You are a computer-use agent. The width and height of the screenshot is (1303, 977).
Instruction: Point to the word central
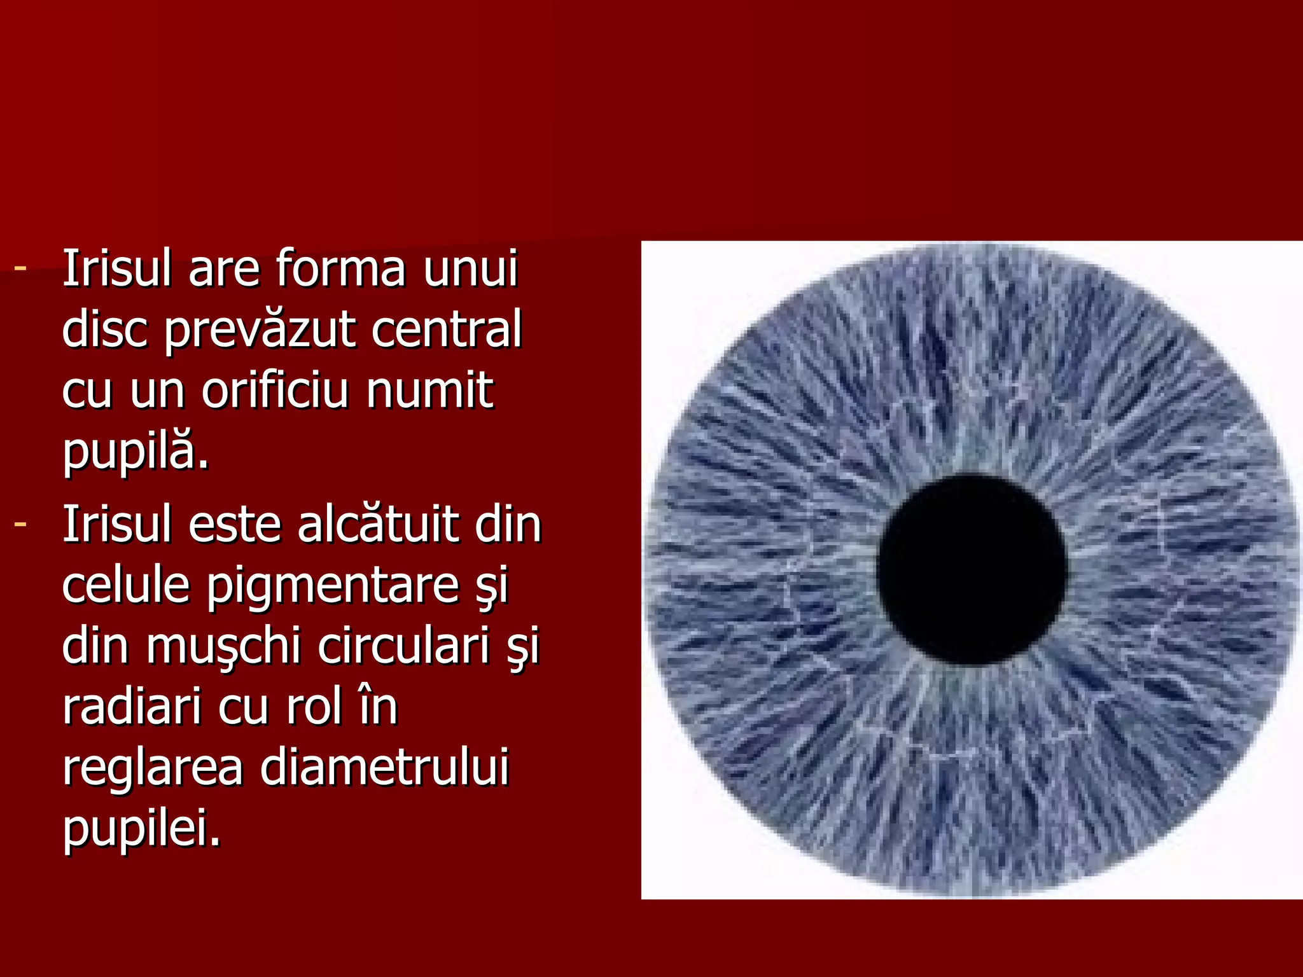click(446, 329)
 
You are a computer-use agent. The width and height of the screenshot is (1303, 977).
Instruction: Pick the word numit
click(429, 390)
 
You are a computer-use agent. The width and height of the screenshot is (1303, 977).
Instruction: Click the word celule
click(126, 585)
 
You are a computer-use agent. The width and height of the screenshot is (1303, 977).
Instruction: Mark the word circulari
click(403, 646)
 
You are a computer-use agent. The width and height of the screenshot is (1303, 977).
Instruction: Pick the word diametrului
click(384, 767)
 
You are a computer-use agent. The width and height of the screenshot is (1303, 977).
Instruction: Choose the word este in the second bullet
click(235, 525)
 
